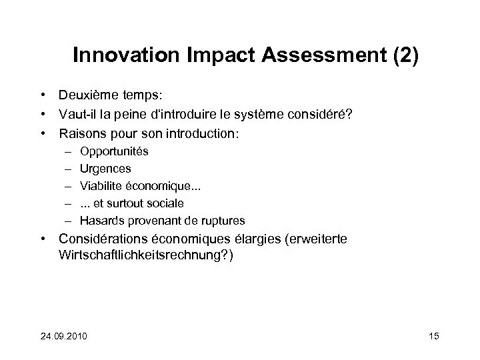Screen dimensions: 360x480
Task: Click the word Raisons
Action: coord(81,133)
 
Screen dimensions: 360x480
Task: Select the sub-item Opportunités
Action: coord(114,151)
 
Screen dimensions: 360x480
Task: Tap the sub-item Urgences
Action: coord(105,169)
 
